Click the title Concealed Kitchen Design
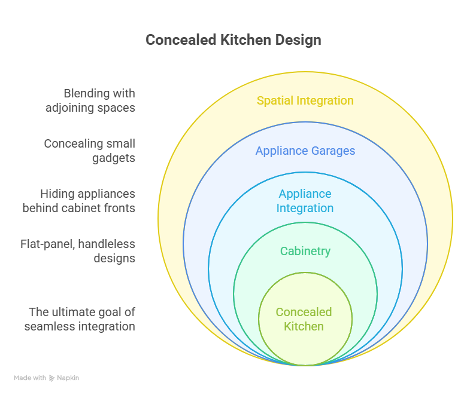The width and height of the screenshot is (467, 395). (x=233, y=40)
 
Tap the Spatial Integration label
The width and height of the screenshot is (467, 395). (x=305, y=101)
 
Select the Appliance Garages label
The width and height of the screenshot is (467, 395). (x=305, y=151)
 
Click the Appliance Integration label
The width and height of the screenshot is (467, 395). (x=305, y=201)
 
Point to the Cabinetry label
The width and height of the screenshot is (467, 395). (x=305, y=252)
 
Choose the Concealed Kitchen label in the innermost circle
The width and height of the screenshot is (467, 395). (x=304, y=319)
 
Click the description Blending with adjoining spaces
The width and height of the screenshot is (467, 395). (x=90, y=100)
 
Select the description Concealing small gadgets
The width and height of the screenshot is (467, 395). (x=90, y=151)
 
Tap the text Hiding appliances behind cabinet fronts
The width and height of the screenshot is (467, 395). (x=79, y=201)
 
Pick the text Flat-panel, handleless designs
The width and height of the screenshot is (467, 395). (x=78, y=251)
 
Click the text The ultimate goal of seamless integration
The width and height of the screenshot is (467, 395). (x=80, y=319)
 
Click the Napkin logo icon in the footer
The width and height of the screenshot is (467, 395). (x=52, y=378)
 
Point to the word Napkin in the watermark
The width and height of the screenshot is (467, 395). (x=68, y=378)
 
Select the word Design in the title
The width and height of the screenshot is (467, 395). (x=298, y=41)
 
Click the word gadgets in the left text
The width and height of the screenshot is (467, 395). (x=114, y=158)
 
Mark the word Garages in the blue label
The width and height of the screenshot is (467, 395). (x=333, y=151)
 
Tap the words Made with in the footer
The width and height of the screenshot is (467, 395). (x=30, y=378)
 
